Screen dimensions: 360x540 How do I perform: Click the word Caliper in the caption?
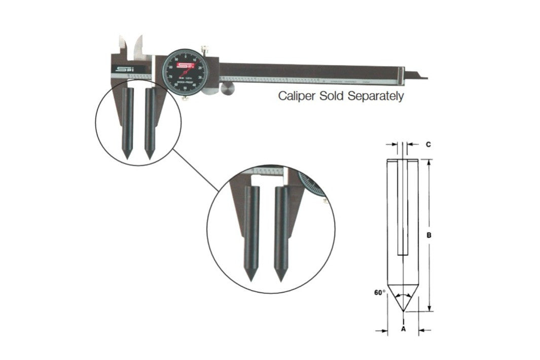pyautogui.click(x=297, y=97)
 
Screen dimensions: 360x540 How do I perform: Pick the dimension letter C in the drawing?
pyautogui.click(x=428, y=145)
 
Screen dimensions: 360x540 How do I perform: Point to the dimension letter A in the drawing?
pyautogui.click(x=403, y=329)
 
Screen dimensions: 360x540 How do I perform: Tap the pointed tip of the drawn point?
pyautogui.click(x=403, y=311)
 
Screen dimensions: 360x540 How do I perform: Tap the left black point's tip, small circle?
pyautogui.click(x=126, y=157)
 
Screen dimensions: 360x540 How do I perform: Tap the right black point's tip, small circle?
pyautogui.click(x=150, y=157)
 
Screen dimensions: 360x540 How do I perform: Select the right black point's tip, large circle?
pyautogui.click(x=278, y=279)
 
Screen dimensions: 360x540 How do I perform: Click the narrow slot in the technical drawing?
pyautogui.click(x=403, y=208)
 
